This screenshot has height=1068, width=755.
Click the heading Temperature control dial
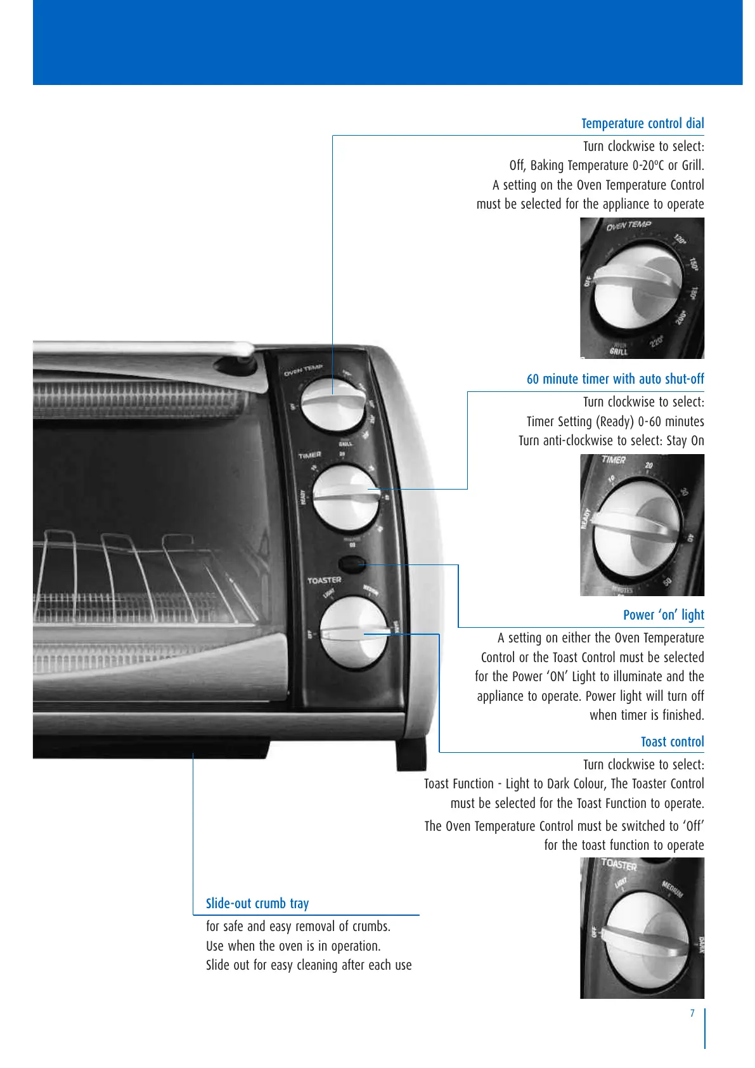642,124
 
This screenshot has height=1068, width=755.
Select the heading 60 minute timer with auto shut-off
615,379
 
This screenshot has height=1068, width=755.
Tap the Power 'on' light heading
663,615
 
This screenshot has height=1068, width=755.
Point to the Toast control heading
672,742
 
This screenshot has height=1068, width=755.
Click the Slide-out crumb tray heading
257,904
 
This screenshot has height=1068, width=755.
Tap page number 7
692,1013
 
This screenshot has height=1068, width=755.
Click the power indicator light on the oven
351,563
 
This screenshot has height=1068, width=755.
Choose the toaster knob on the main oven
353,632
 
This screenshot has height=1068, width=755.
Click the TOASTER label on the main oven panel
324,580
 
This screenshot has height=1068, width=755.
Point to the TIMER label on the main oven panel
310,455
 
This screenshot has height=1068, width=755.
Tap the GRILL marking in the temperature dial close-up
618,351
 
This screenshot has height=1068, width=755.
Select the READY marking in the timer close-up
586,518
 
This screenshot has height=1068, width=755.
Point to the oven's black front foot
410,755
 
